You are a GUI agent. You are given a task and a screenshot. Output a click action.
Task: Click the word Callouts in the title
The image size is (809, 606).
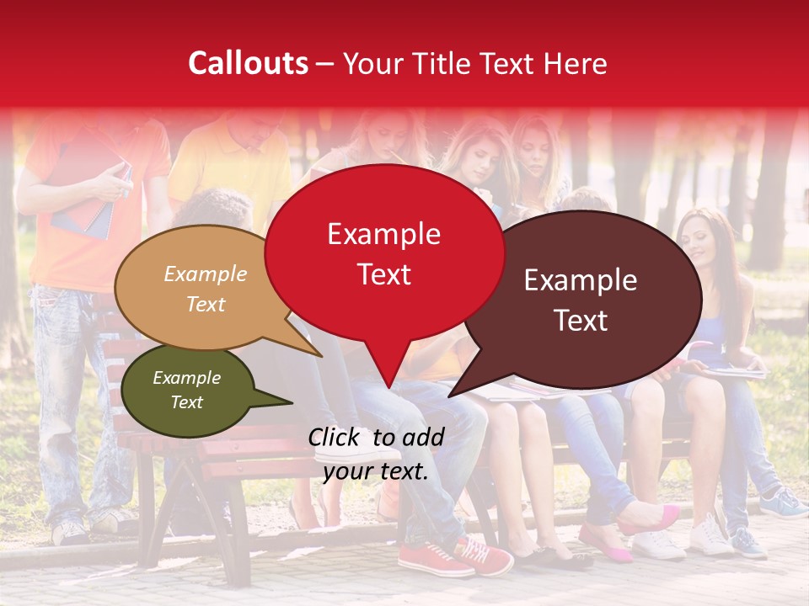click(x=248, y=63)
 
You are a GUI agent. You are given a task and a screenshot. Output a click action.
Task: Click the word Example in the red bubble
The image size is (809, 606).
click(x=383, y=234)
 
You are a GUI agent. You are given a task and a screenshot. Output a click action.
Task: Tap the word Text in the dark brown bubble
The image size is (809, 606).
click(x=581, y=321)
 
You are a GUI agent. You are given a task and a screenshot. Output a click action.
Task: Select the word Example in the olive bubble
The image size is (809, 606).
click(x=186, y=378)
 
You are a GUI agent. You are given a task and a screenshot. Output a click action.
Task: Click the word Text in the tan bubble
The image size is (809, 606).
click(x=206, y=305)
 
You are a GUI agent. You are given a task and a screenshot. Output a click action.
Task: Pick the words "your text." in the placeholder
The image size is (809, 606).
click(x=376, y=471)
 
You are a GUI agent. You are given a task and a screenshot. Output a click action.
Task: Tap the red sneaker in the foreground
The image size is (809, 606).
click(x=434, y=559)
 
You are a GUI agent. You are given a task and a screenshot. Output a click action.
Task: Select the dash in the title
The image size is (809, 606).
click(x=326, y=64)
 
